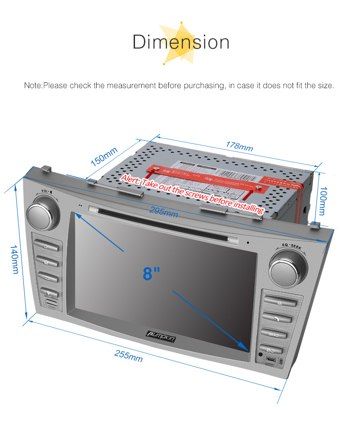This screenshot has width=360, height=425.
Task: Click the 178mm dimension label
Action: click(x=240, y=147)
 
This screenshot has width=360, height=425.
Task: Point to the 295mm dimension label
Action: click(x=164, y=211)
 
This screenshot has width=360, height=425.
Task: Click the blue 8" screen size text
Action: click(x=151, y=273)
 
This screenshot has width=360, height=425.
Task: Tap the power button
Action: click(x=46, y=246)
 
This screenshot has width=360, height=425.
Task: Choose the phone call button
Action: click(x=277, y=319)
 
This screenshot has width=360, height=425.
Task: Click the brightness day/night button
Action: click(x=272, y=349)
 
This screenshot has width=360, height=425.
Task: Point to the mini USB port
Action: click(x=271, y=360)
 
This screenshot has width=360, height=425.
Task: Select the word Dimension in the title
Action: click(x=181, y=42)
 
